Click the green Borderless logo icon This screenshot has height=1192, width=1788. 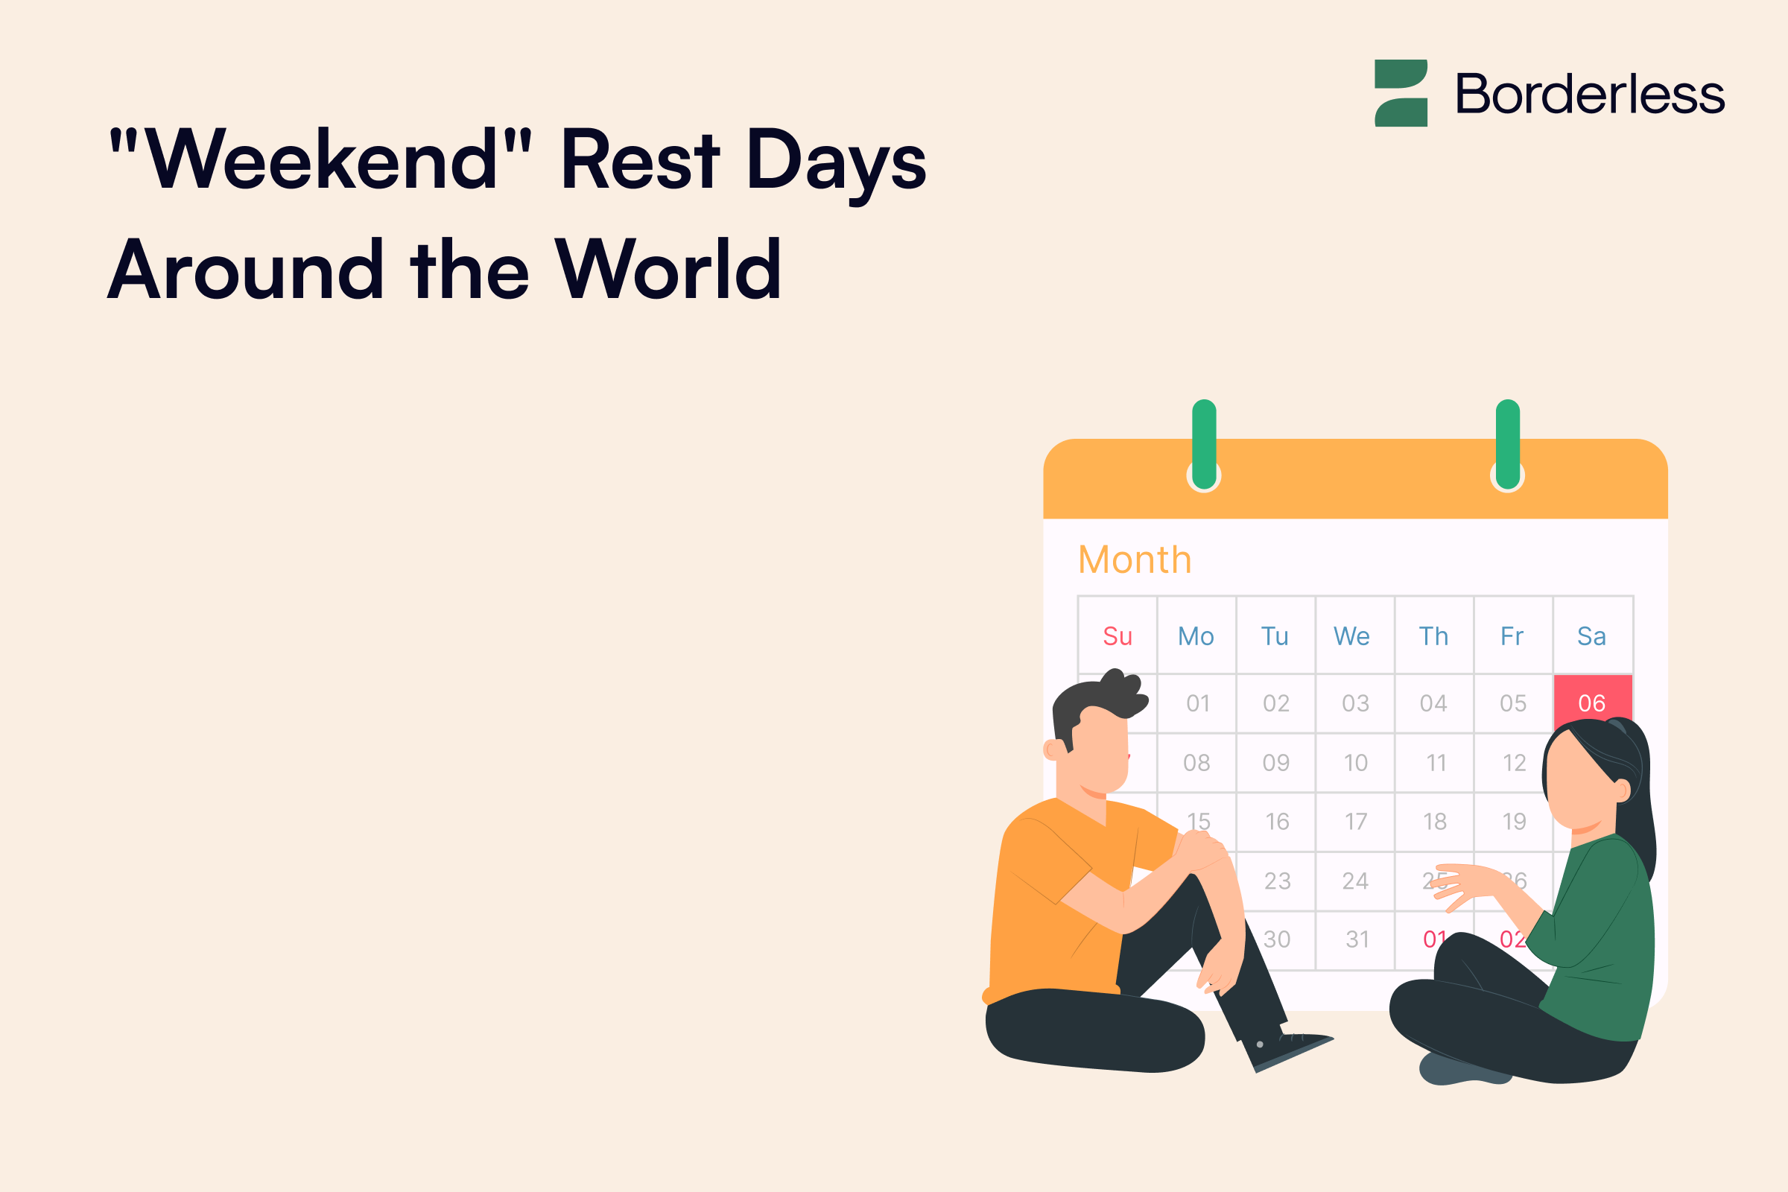(x=1401, y=92)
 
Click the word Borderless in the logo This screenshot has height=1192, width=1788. (x=1589, y=95)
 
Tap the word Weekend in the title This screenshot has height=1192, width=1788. (x=320, y=159)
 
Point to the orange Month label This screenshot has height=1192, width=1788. (x=1134, y=560)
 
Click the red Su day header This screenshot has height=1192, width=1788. (x=1117, y=636)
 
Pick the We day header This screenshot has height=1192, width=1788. (x=1351, y=636)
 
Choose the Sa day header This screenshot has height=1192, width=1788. (x=1591, y=636)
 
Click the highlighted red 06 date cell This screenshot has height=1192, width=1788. (x=1592, y=702)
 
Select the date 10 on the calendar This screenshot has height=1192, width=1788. (x=1355, y=762)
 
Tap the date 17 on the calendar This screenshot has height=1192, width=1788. (x=1355, y=822)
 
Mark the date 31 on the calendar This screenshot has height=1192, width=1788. (x=1357, y=939)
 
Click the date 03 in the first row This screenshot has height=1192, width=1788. (x=1355, y=703)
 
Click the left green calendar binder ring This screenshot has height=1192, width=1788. (x=1204, y=445)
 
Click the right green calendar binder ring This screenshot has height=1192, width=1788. (x=1507, y=445)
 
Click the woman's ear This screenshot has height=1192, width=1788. (x=1623, y=790)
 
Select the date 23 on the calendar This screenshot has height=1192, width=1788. (x=1277, y=881)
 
